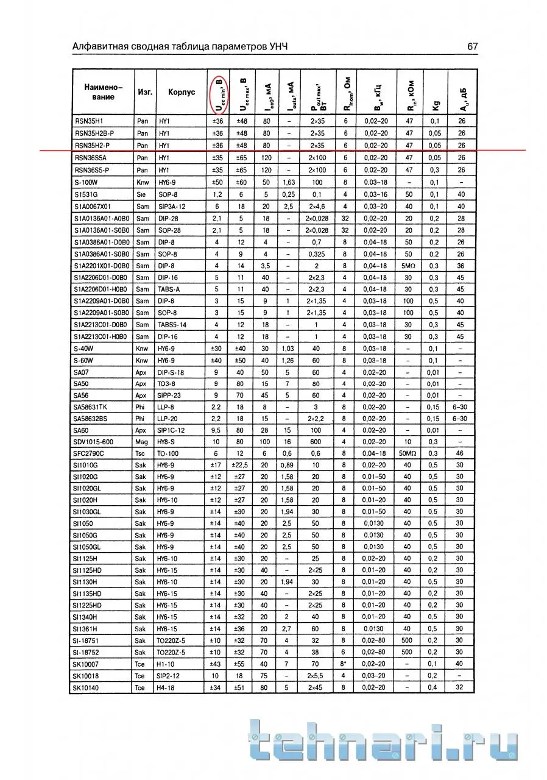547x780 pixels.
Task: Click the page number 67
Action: point(473,46)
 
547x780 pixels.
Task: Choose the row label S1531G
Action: point(86,194)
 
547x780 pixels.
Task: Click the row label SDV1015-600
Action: point(93,442)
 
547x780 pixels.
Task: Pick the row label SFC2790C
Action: point(89,453)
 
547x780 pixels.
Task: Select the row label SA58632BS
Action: point(90,419)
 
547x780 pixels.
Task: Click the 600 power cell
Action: point(316,442)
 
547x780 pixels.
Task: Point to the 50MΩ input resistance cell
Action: point(408,453)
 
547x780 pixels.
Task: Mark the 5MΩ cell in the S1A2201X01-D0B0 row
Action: point(408,266)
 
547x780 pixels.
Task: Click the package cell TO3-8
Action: point(166,383)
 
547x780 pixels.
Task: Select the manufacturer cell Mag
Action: point(143,442)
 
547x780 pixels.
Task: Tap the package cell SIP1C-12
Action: point(172,430)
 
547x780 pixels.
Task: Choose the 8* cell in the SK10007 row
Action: point(344,664)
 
